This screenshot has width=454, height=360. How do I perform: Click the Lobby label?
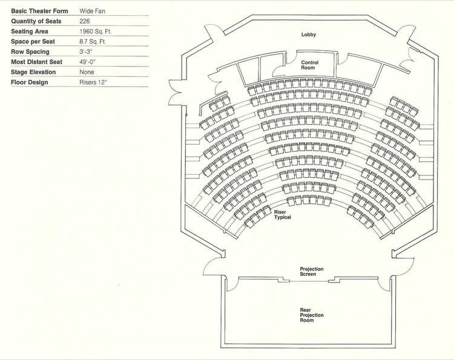tap(309, 34)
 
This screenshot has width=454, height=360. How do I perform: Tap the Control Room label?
tap(309, 65)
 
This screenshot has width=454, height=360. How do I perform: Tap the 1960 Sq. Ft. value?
tap(96, 31)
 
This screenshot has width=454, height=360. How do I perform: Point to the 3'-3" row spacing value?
tap(87, 51)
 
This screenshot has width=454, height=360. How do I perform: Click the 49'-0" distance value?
tap(88, 62)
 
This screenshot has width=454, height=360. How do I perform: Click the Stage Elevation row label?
tap(33, 72)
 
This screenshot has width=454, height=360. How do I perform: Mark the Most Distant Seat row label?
tap(36, 62)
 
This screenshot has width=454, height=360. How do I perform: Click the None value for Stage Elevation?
tap(87, 72)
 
